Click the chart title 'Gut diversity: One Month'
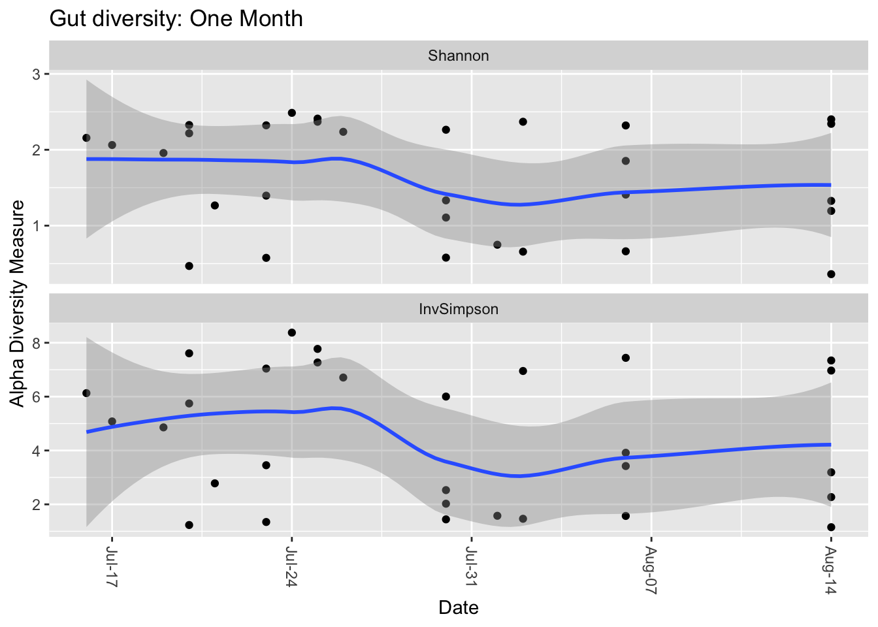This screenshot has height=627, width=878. tap(176, 18)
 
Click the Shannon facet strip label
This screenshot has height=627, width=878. tap(458, 56)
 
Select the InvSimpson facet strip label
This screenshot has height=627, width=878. tap(458, 310)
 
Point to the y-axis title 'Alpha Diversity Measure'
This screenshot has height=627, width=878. tap(18, 303)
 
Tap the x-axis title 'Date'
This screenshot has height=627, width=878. tap(458, 608)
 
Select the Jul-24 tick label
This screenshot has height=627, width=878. tap(292, 567)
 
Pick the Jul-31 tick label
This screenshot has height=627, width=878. tap(472, 567)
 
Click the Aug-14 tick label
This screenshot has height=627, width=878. tap(831, 567)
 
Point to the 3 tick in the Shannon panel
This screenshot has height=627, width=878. tap(37, 74)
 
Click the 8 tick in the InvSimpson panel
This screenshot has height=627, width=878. tap(37, 343)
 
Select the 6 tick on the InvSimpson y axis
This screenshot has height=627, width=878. tap(37, 397)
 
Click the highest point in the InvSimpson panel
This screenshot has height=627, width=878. tap(292, 332)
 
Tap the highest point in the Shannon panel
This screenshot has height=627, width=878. tap(292, 113)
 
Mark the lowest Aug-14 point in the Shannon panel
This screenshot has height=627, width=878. tap(831, 274)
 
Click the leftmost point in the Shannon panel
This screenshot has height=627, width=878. tap(86, 138)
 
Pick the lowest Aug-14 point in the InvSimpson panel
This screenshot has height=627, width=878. tap(831, 527)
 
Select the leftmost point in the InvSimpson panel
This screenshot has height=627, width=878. tap(86, 393)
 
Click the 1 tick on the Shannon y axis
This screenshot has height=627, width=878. tap(37, 226)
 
